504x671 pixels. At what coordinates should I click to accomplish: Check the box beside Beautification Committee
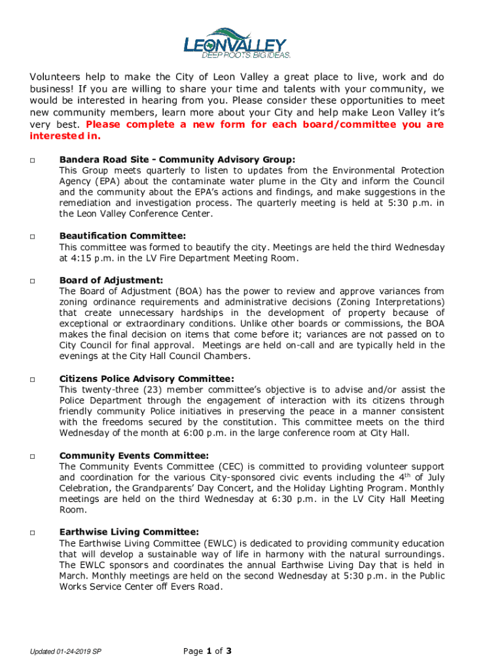coord(32,237)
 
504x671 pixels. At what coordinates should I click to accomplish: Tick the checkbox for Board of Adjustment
coord(32,280)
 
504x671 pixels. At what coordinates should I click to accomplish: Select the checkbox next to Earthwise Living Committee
coord(32,533)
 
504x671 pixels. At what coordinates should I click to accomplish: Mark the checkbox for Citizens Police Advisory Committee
coord(32,379)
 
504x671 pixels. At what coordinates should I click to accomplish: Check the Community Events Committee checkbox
coord(32,456)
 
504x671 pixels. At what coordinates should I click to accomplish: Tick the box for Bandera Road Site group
coord(32,160)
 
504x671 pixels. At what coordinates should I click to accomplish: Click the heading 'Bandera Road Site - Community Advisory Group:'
coord(177,159)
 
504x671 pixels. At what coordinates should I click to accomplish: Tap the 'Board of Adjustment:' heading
coord(111,280)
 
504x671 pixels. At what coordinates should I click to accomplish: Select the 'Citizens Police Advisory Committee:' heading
coord(147,379)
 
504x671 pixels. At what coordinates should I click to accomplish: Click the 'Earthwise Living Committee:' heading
coord(129,532)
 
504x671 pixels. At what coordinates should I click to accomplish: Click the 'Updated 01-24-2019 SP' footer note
coord(65,652)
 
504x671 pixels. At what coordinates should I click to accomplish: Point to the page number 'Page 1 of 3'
coord(208,651)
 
